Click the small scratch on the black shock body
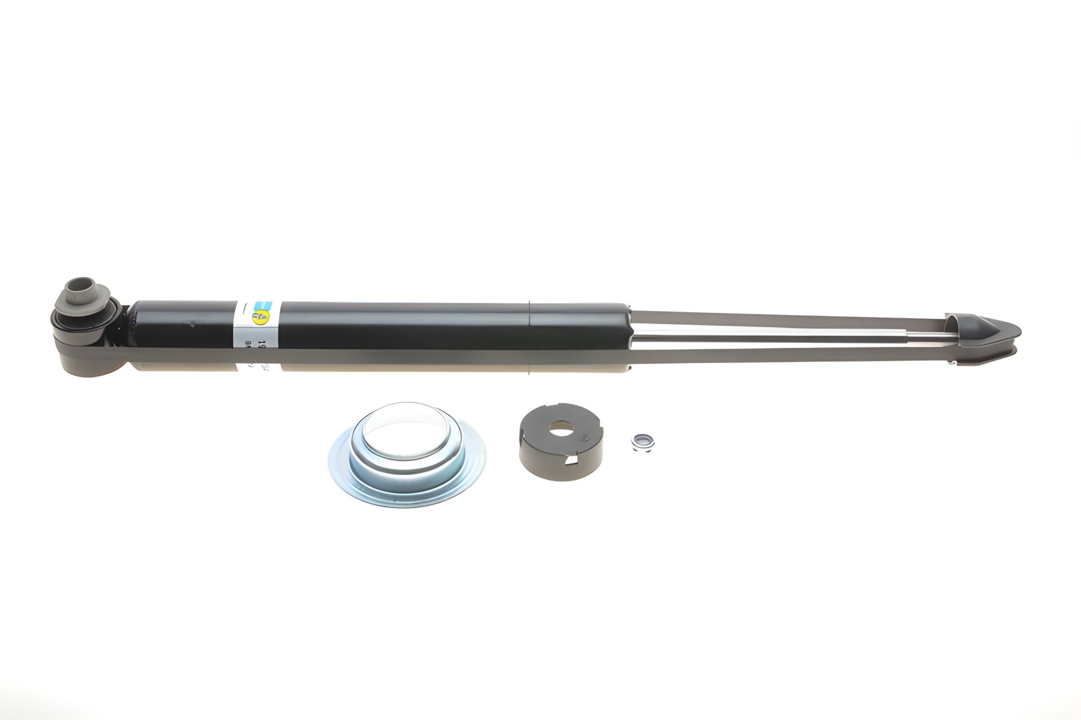(x=193, y=325)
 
